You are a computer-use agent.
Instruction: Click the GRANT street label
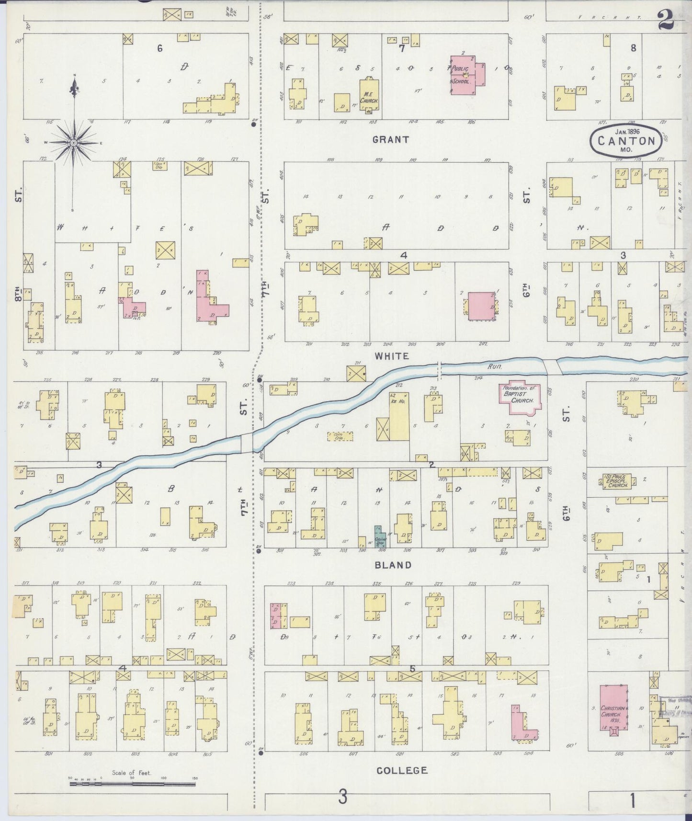(391, 139)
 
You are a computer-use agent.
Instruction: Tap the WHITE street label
(392, 356)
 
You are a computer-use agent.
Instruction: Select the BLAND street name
(393, 565)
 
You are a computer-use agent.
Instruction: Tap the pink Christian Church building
(614, 707)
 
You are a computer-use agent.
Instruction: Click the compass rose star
(73, 143)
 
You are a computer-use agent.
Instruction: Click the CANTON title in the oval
(626, 141)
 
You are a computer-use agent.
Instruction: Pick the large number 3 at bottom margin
(342, 798)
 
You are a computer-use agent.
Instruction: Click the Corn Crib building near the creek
(340, 436)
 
